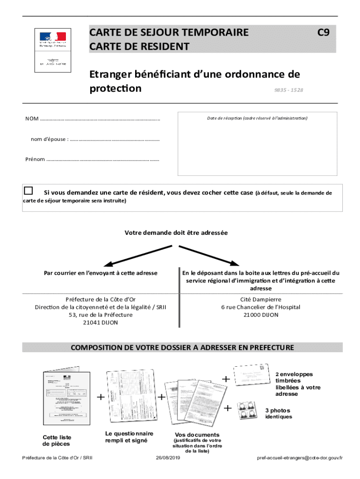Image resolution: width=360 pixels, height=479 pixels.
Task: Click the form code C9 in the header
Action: [x=324, y=32]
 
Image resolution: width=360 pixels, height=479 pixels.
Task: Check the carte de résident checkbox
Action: [x=29, y=190]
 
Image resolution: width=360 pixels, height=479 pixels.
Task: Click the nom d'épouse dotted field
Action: [x=114, y=139]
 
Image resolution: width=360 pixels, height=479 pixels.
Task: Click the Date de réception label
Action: [x=257, y=118]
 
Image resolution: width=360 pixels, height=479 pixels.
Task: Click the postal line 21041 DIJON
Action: [x=101, y=323]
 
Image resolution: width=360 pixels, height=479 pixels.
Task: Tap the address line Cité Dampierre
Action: [x=261, y=299]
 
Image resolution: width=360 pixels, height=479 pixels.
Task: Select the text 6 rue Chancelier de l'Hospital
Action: [x=261, y=307]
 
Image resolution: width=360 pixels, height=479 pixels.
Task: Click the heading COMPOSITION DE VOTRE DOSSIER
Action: [x=182, y=348]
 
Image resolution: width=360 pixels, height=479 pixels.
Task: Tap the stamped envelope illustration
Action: [x=253, y=376]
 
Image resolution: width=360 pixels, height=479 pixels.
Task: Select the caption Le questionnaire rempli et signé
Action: [x=129, y=437]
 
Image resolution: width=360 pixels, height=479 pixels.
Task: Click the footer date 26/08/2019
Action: [x=168, y=457]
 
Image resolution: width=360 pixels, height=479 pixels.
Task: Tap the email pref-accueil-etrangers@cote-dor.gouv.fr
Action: [x=300, y=457]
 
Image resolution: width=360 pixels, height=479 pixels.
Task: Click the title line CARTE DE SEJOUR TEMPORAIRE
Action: [x=169, y=32]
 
